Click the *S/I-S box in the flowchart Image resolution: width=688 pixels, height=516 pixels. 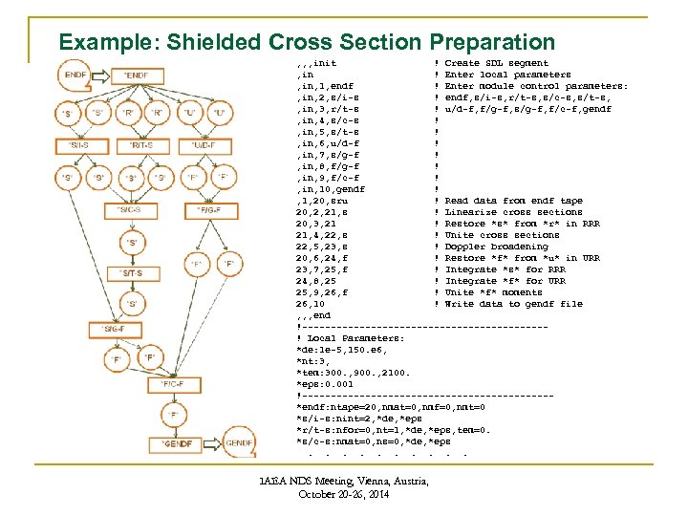[80, 145]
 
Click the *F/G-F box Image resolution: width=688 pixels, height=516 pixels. [210, 209]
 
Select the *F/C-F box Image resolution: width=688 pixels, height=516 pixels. [172, 383]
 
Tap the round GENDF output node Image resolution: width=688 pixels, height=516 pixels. [239, 444]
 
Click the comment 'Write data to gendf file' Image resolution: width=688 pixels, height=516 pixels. [513, 304]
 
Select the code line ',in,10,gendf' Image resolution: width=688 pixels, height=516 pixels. [330, 189]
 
